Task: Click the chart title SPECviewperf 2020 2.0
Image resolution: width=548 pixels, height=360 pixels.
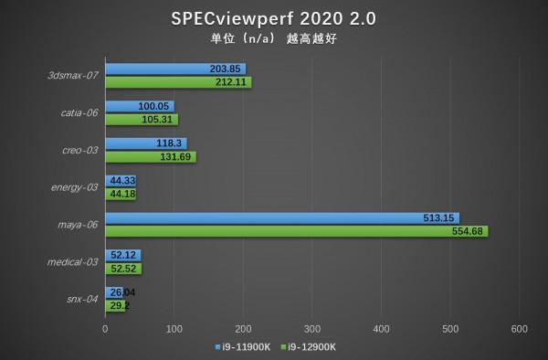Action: point(273,19)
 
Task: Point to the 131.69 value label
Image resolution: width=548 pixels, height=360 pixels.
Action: point(177,156)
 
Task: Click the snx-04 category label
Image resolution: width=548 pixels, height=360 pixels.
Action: point(83,298)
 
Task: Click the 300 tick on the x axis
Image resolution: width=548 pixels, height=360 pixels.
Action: point(312,327)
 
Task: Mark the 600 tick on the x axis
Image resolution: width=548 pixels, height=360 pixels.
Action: point(520,327)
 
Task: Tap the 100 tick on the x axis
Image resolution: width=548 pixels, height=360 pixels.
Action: point(174,327)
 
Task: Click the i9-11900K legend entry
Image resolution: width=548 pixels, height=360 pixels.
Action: point(248,347)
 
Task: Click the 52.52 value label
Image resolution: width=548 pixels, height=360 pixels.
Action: point(122,268)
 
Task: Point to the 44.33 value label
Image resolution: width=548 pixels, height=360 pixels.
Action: point(121,181)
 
